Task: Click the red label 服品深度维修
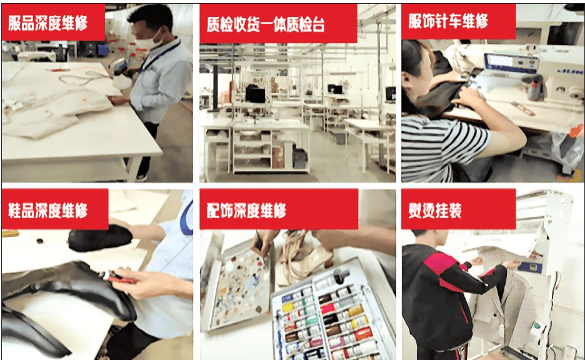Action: coord(53,22)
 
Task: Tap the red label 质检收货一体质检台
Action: coord(278,24)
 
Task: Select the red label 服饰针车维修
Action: coord(459,22)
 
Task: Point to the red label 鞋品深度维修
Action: coord(55,209)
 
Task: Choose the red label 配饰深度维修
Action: coord(279,209)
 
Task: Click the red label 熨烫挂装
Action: coord(459,209)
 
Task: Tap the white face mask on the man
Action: coord(149,40)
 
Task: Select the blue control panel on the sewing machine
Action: coord(511,62)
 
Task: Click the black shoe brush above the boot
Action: coord(100,238)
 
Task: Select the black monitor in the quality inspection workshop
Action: coord(255,94)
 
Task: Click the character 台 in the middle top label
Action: coord(317,24)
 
